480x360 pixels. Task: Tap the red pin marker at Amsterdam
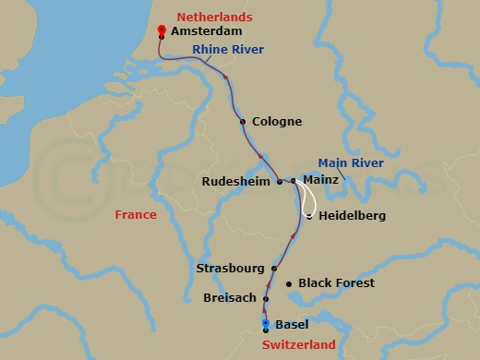[162, 30]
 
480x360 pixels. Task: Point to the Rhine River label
[228, 49]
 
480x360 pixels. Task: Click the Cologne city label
[276, 121]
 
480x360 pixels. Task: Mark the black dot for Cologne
[243, 121]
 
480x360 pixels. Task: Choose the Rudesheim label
[237, 182]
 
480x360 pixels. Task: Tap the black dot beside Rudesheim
[280, 182]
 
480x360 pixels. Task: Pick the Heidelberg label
[352, 216]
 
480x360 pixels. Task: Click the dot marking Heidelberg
[308, 216]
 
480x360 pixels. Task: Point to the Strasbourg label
[231, 269]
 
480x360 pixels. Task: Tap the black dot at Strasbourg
[274, 269]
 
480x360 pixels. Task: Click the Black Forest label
[336, 283]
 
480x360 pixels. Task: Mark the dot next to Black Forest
[289, 283]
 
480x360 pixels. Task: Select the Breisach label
[230, 298]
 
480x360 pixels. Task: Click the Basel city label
[293, 324]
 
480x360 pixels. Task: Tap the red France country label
[135, 215]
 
